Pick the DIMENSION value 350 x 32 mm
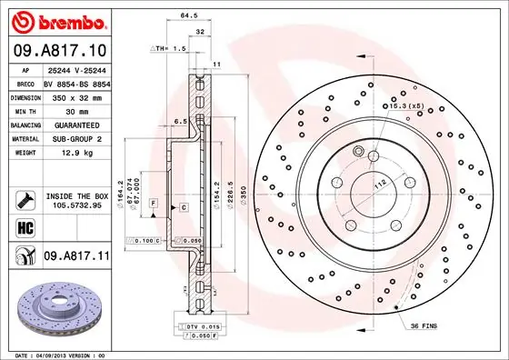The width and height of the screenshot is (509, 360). point(76,95)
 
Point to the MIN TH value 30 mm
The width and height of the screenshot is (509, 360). point(76,109)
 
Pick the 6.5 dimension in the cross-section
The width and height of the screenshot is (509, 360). point(180,120)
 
